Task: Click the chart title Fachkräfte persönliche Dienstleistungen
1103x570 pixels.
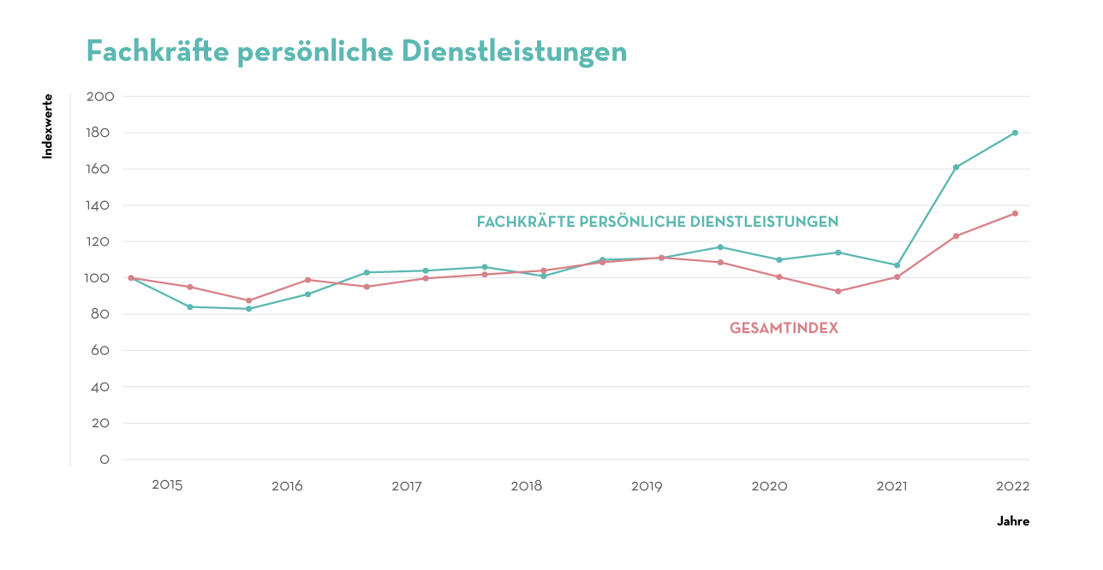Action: [356, 51]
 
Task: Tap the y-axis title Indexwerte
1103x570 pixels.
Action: [47, 127]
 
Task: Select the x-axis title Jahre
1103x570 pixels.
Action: [1013, 521]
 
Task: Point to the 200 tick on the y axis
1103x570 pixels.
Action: [100, 97]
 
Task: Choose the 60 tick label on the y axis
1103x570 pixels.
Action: [100, 351]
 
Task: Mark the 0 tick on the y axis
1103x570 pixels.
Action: [104, 460]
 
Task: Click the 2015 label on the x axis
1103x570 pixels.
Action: [167, 485]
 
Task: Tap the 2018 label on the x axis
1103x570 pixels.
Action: [527, 486]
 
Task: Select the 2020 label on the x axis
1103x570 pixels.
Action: [769, 486]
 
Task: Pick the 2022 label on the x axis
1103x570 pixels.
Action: [1013, 486]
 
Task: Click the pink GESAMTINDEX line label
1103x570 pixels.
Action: [784, 329]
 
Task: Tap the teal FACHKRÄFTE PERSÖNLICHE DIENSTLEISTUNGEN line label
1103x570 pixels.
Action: [657, 222]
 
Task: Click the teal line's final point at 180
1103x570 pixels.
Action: [1015, 133]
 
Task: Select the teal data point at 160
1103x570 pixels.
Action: [956, 167]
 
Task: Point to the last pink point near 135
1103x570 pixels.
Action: [1015, 213]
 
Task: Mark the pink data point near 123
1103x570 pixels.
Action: [956, 236]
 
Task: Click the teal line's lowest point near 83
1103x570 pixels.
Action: [248, 308]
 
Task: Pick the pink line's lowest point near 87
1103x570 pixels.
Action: [248, 300]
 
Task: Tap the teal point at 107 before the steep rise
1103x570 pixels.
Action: [897, 265]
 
